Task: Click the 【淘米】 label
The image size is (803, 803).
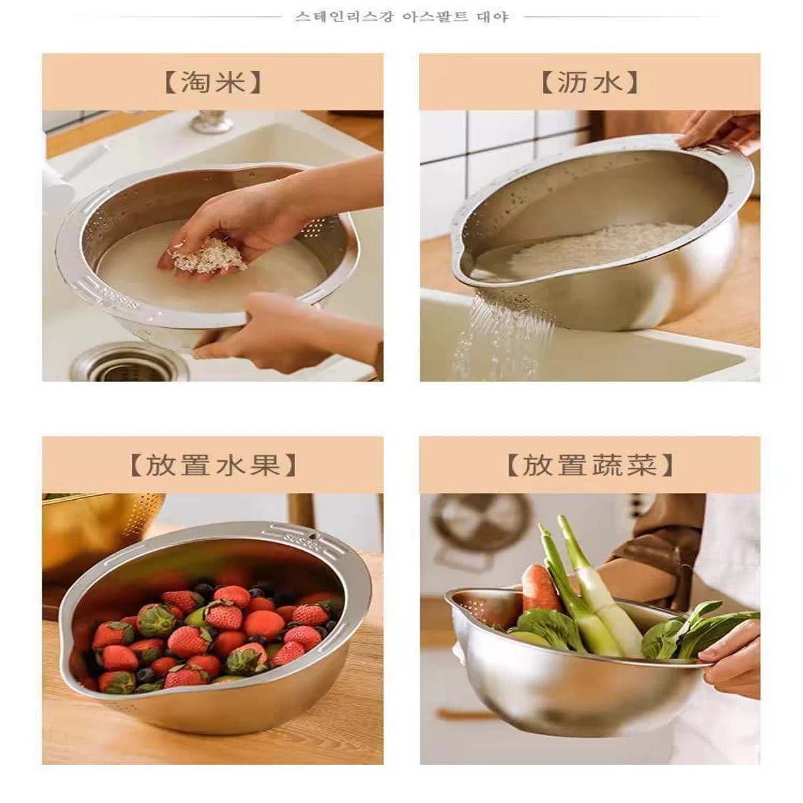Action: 212,82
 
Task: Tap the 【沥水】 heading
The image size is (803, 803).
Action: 589,82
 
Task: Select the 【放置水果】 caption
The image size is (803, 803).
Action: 212,464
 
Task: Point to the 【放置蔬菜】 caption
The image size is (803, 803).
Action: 589,464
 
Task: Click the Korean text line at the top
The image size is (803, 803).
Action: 401,16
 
